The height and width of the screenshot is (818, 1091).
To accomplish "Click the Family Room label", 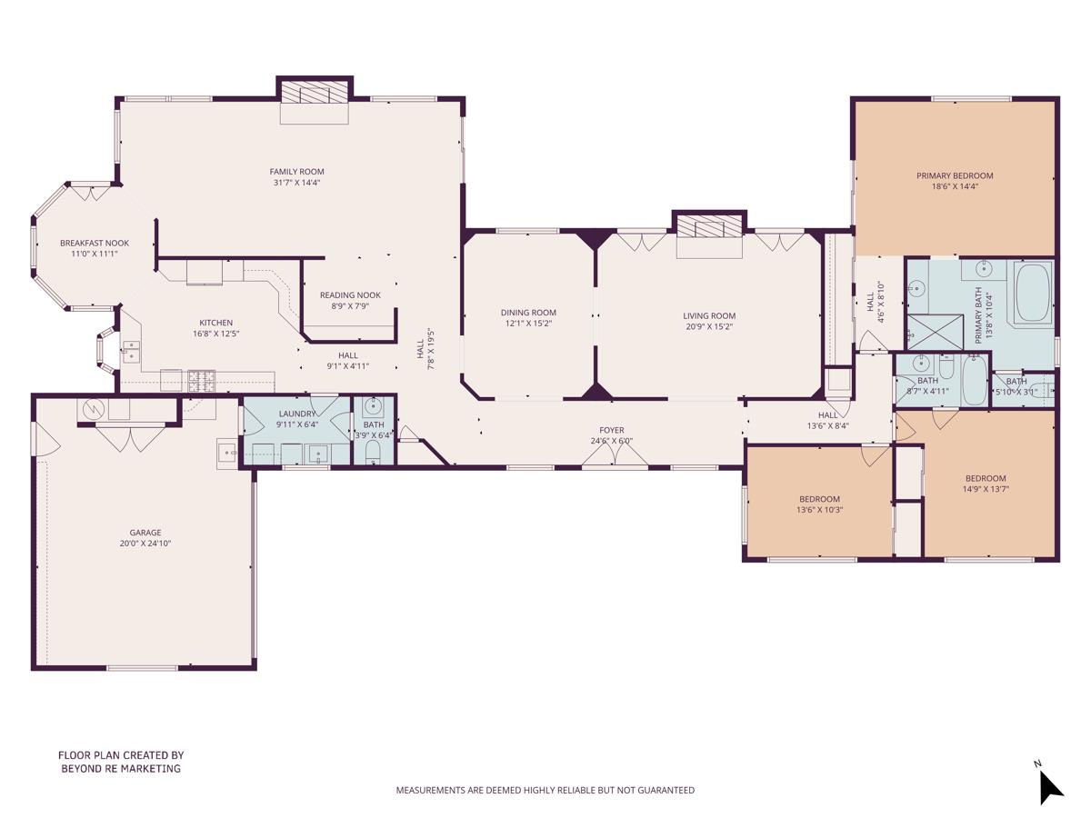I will click(296, 172).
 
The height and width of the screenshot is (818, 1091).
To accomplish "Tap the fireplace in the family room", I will click(314, 94).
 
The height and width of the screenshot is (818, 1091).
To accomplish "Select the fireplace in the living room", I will click(709, 227).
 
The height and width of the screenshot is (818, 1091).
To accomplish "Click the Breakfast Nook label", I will click(95, 243).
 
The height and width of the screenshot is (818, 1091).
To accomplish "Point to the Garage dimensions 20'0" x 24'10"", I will click(145, 544).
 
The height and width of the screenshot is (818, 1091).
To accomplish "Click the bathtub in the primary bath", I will click(1033, 291).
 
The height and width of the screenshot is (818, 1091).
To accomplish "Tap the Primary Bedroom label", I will click(955, 175).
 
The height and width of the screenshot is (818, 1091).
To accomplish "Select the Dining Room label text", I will click(528, 313).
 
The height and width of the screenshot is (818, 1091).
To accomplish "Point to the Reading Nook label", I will click(350, 295).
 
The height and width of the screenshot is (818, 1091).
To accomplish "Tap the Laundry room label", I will click(296, 414).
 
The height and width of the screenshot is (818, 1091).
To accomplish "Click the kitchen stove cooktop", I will click(201, 380).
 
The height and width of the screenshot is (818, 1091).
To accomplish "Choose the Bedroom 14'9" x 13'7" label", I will click(986, 479).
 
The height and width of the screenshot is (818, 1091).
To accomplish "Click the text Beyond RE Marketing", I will click(121, 769).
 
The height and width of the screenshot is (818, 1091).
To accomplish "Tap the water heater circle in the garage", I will click(92, 410).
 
